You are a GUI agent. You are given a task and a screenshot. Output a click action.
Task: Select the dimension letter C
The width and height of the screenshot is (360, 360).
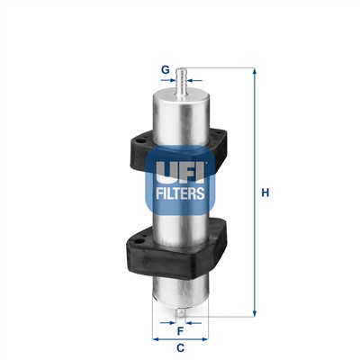point(180,347)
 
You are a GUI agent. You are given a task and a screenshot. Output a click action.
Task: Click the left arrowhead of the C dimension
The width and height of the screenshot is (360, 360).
point(154,338)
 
